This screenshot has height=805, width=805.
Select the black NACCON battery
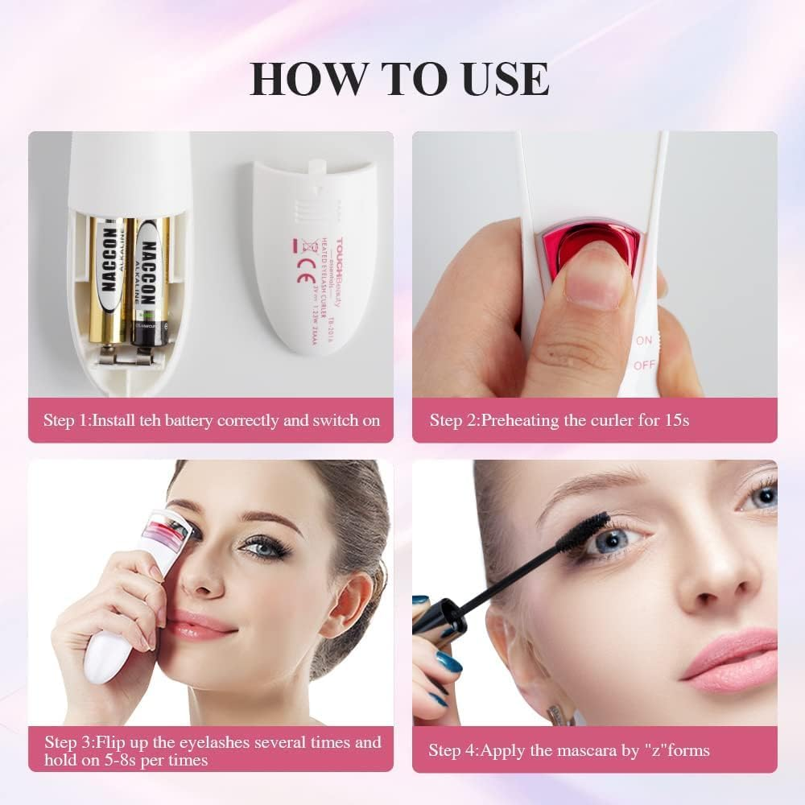point(147,282)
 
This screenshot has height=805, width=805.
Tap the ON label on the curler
point(644,341)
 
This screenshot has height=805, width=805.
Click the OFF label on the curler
point(645,365)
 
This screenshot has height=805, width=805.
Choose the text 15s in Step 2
point(675,420)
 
